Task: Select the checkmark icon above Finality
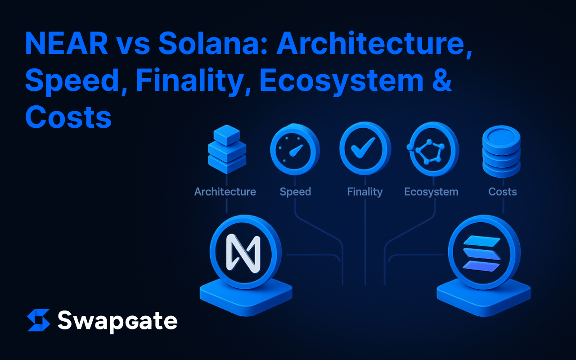[x=364, y=148]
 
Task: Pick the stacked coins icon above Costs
[x=501, y=151]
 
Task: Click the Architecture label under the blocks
[x=225, y=192]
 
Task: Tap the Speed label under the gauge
[x=295, y=192]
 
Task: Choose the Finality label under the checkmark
[x=364, y=192]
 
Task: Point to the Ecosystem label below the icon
[x=431, y=192]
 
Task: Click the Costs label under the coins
[x=503, y=192]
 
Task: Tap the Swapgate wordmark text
[x=117, y=321]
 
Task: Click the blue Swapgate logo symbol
[x=39, y=320]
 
